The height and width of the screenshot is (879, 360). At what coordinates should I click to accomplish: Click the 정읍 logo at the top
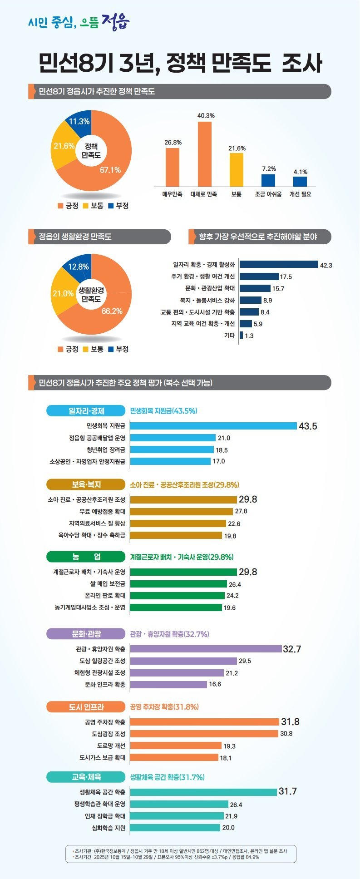point(116,21)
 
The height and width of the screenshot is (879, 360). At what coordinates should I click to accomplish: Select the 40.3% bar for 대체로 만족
point(204,154)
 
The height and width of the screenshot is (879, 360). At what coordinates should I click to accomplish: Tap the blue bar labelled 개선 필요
point(300,182)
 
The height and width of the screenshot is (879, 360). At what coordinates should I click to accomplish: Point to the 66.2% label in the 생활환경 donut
point(112,311)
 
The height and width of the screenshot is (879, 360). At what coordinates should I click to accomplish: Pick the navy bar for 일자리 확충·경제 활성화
point(279,264)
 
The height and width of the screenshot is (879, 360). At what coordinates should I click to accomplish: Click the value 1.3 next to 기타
point(249,336)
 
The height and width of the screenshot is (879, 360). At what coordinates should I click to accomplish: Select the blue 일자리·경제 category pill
point(86,411)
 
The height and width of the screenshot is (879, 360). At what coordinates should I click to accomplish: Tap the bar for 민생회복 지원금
point(213,426)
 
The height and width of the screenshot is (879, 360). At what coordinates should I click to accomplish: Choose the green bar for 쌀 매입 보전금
point(178,584)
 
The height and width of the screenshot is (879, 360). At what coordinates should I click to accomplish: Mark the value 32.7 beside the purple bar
point(292,649)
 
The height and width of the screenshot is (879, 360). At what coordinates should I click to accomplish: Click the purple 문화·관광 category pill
point(86,634)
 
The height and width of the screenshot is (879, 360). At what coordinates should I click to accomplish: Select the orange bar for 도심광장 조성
point(204,734)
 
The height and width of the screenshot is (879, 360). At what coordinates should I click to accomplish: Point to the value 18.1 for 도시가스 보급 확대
point(226,758)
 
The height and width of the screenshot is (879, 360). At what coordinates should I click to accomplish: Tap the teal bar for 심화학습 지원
point(175,828)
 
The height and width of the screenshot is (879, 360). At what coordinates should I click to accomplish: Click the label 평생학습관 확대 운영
point(100,804)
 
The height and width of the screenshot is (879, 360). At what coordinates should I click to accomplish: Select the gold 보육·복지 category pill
point(86,484)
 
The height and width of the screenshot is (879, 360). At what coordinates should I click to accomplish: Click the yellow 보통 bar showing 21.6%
point(236,170)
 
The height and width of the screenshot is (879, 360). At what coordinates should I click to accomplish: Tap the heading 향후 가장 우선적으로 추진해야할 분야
point(258,237)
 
